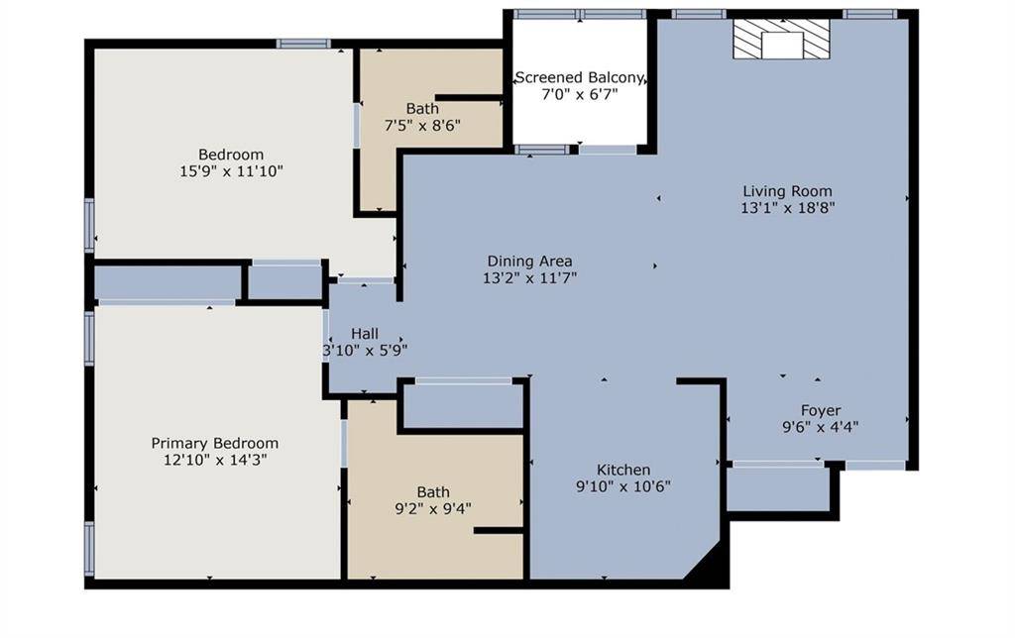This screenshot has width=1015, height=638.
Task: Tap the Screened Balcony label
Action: [580, 77]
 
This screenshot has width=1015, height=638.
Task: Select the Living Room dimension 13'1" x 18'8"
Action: [788, 209]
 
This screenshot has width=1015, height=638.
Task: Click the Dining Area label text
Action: [529, 261]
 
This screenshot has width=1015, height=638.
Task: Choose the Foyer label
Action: [821, 410]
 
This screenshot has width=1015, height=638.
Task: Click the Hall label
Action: [365, 333]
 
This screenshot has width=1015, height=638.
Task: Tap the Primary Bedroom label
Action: [214, 443]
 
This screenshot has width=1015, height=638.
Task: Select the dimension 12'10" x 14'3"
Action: [215, 460]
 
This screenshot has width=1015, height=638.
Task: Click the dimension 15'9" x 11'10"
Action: [231, 171]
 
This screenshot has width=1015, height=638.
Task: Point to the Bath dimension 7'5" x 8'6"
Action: [422, 125]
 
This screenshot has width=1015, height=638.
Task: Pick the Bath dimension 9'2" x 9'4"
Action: [433, 509]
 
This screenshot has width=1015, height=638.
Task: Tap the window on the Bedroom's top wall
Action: [303, 44]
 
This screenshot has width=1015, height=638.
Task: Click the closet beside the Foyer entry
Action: [778, 488]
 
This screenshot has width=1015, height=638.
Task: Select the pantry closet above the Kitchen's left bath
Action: [462, 406]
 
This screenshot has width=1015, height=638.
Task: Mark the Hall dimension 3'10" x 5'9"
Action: [365, 350]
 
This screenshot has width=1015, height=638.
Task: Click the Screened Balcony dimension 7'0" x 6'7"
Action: [580, 95]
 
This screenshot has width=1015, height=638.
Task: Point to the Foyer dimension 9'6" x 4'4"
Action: [821, 427]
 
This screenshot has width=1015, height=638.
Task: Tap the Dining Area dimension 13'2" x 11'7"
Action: [529, 278]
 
